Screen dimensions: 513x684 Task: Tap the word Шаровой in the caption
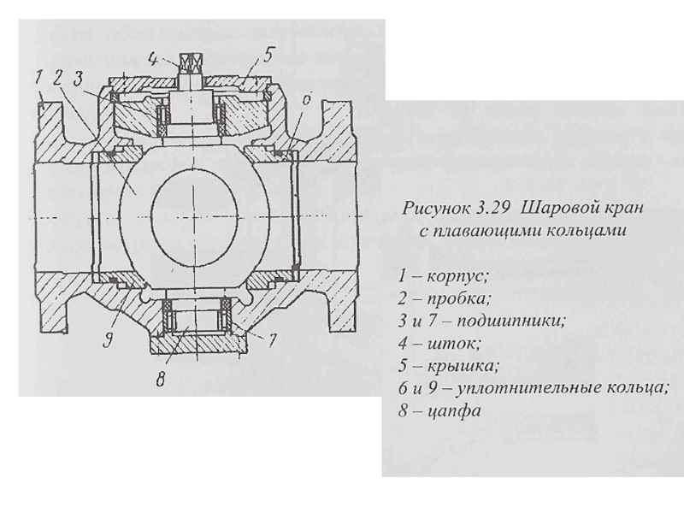(x=552, y=209)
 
